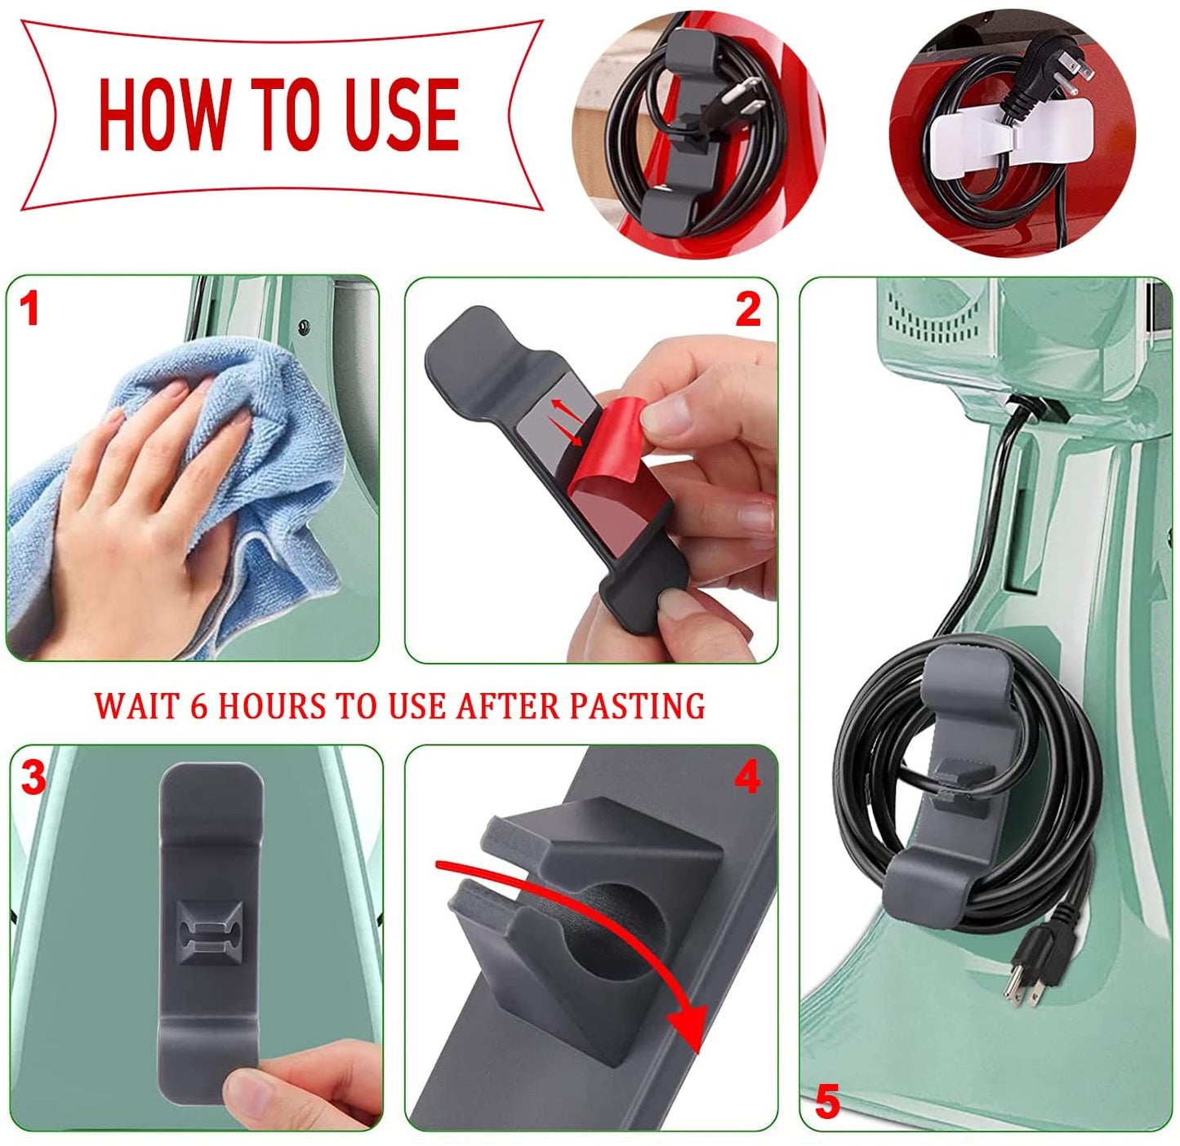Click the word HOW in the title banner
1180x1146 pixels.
pos(162,114)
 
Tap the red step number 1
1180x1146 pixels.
pos(29,310)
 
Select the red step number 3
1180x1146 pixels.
pos(33,778)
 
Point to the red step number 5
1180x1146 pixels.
pos(826,1103)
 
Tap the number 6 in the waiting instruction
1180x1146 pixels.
pos(198,706)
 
